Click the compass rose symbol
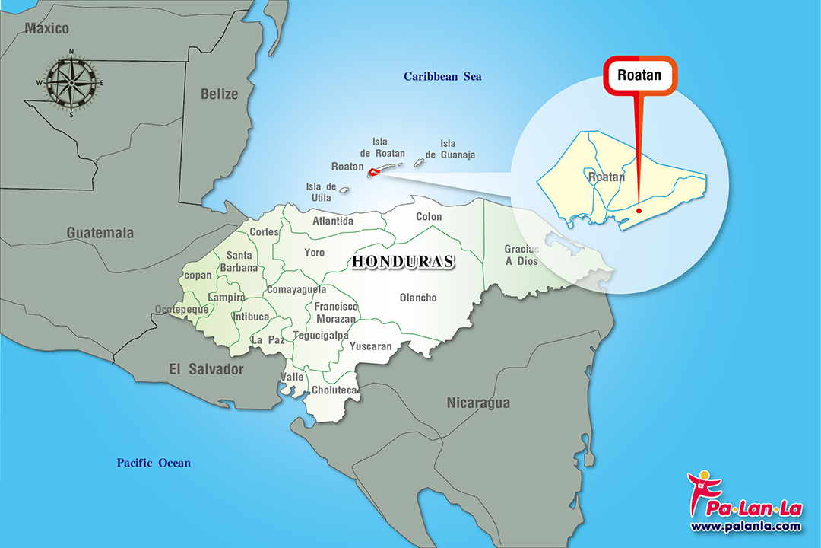(x=71, y=82)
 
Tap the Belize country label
(x=219, y=94)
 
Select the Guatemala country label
(x=100, y=233)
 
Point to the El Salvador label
(x=206, y=369)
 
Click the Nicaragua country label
(x=478, y=403)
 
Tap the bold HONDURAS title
(x=403, y=262)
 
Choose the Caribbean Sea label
(x=442, y=76)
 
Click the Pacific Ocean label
(x=154, y=463)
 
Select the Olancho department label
(x=418, y=298)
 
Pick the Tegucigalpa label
(x=321, y=336)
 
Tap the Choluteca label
(x=334, y=390)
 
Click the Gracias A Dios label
(x=521, y=255)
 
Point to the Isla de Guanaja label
(x=450, y=149)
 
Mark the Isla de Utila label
(x=321, y=192)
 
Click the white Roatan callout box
(x=639, y=75)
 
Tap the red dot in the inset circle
(x=639, y=211)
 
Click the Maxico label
(x=46, y=29)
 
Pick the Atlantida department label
(x=333, y=221)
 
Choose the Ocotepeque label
(x=181, y=310)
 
